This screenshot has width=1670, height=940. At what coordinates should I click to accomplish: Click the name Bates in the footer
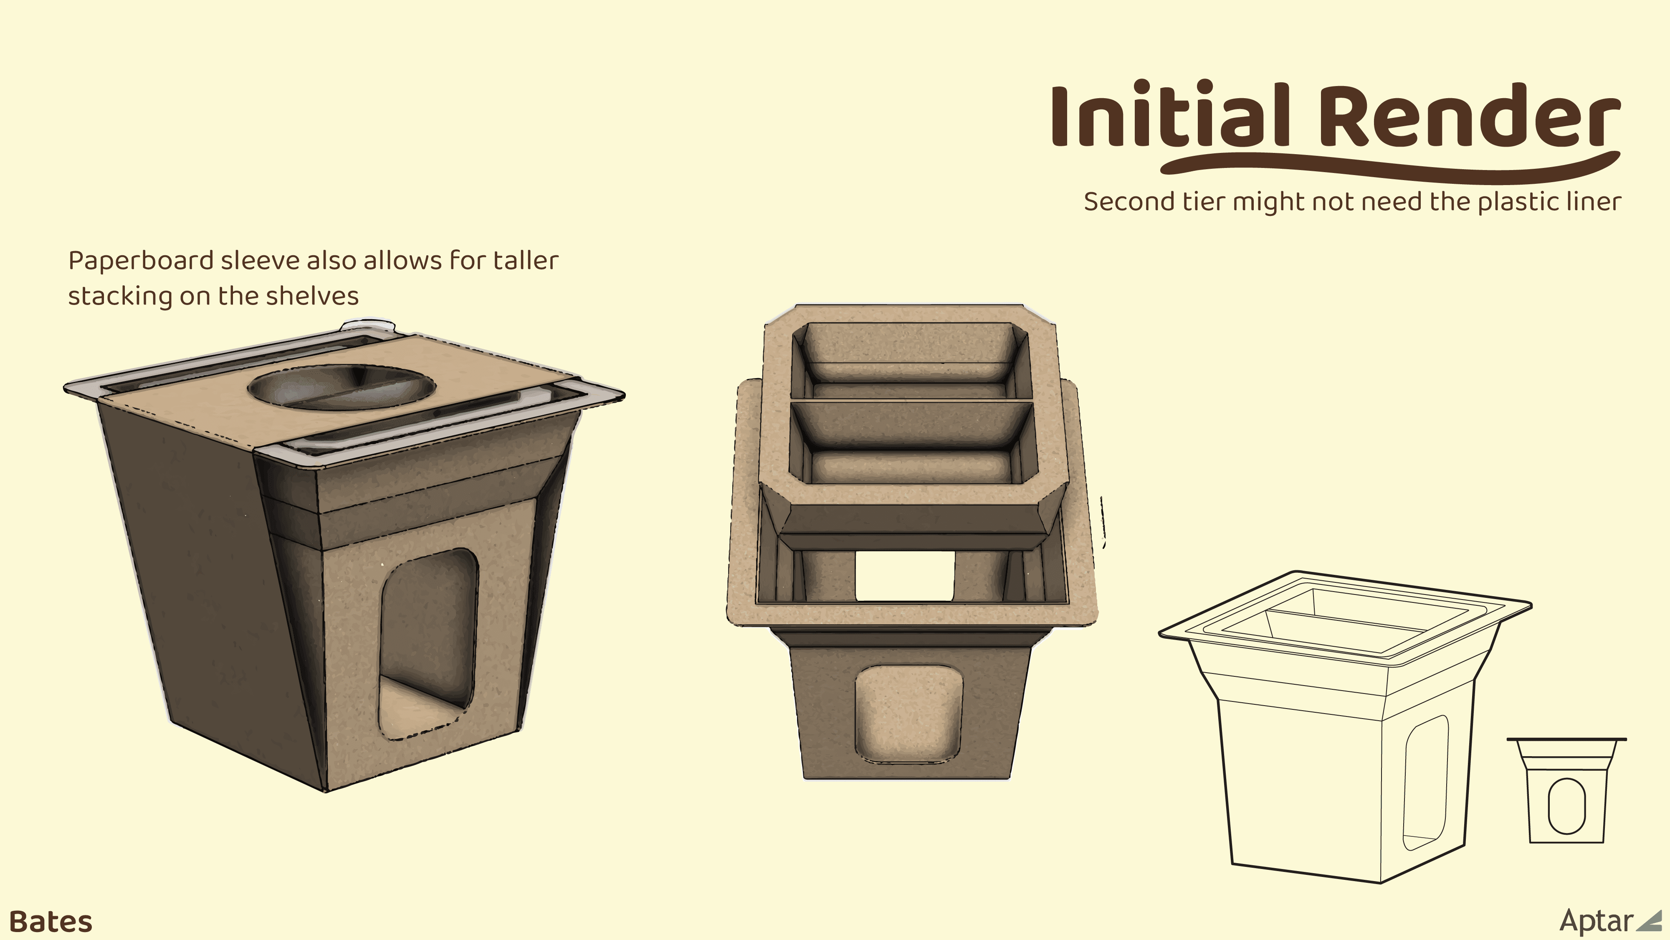(51, 921)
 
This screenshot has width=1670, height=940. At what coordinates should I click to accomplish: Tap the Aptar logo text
(1596, 920)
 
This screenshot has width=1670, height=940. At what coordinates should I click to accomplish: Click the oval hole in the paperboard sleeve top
(342, 386)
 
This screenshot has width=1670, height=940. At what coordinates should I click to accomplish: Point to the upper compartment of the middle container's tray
(911, 360)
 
